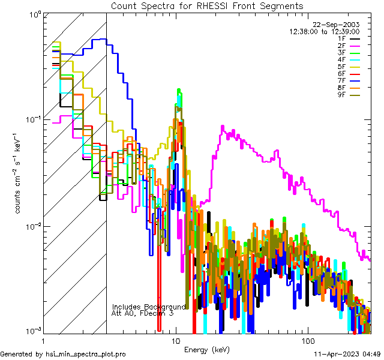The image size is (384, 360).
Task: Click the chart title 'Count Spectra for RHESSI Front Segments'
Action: [207, 5]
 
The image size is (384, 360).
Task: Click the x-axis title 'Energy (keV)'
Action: [207, 349]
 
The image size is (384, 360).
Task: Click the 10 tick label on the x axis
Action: [176, 340]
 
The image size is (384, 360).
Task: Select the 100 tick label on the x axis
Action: [307, 340]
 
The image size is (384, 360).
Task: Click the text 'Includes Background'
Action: [149, 307]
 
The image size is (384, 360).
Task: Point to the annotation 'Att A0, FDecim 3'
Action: [143, 313]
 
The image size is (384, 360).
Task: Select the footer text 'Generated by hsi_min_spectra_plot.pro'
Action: [63, 354]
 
